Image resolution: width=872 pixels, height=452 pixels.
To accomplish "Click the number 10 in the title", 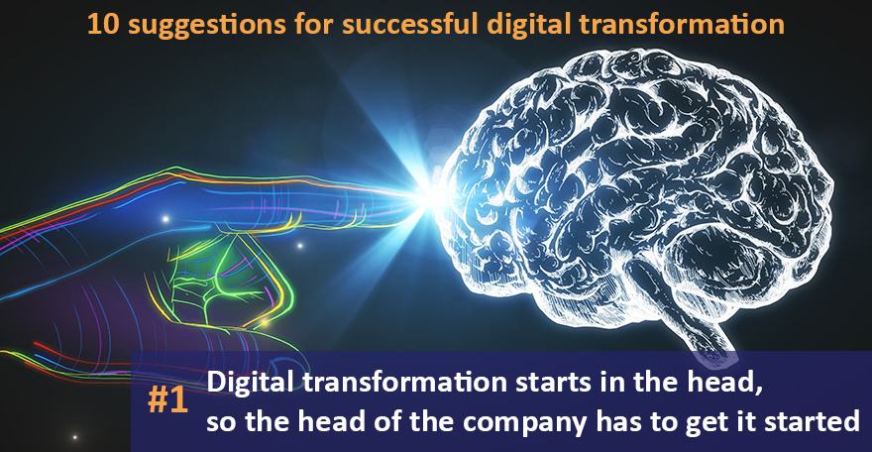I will tap(100, 23).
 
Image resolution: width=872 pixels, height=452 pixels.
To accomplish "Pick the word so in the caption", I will tap(220, 420).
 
